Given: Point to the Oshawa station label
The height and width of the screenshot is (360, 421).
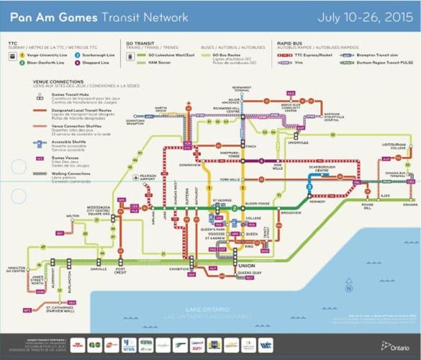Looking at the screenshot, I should (411, 203).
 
